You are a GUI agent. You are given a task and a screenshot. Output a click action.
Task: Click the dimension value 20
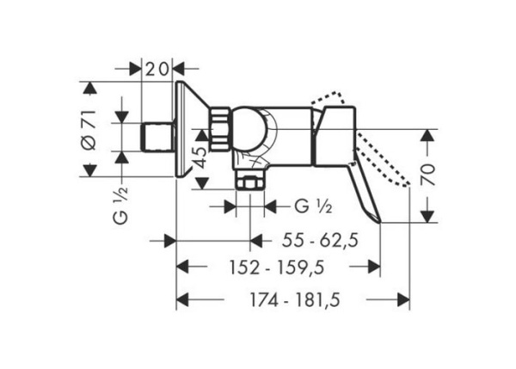click(157, 69)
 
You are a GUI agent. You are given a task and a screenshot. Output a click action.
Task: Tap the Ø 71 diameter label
click(89, 130)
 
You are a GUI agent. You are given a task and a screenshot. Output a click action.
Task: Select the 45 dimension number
click(201, 157)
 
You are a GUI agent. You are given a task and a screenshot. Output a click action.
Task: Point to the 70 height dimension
click(428, 174)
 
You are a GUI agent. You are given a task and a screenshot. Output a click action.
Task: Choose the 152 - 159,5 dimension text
click(277, 267)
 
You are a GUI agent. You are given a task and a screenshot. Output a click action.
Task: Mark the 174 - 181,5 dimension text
click(295, 300)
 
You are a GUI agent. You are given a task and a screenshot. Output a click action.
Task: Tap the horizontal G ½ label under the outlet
click(313, 207)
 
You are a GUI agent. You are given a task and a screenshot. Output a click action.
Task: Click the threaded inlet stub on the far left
click(157, 137)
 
